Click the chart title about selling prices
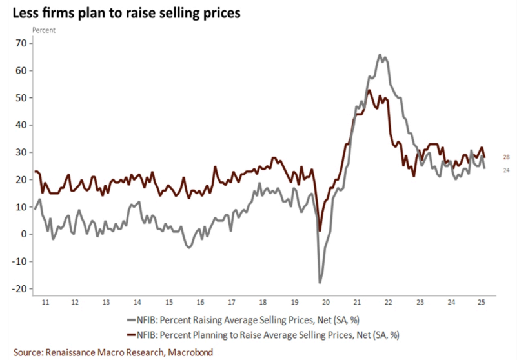coord(122,12)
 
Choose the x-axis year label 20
coord(326,303)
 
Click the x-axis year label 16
coord(200,303)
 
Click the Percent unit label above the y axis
coord(44,30)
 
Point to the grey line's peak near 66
coord(380,55)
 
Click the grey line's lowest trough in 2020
coord(320,282)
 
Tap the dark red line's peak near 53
coord(369,90)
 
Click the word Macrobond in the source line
coord(188,352)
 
